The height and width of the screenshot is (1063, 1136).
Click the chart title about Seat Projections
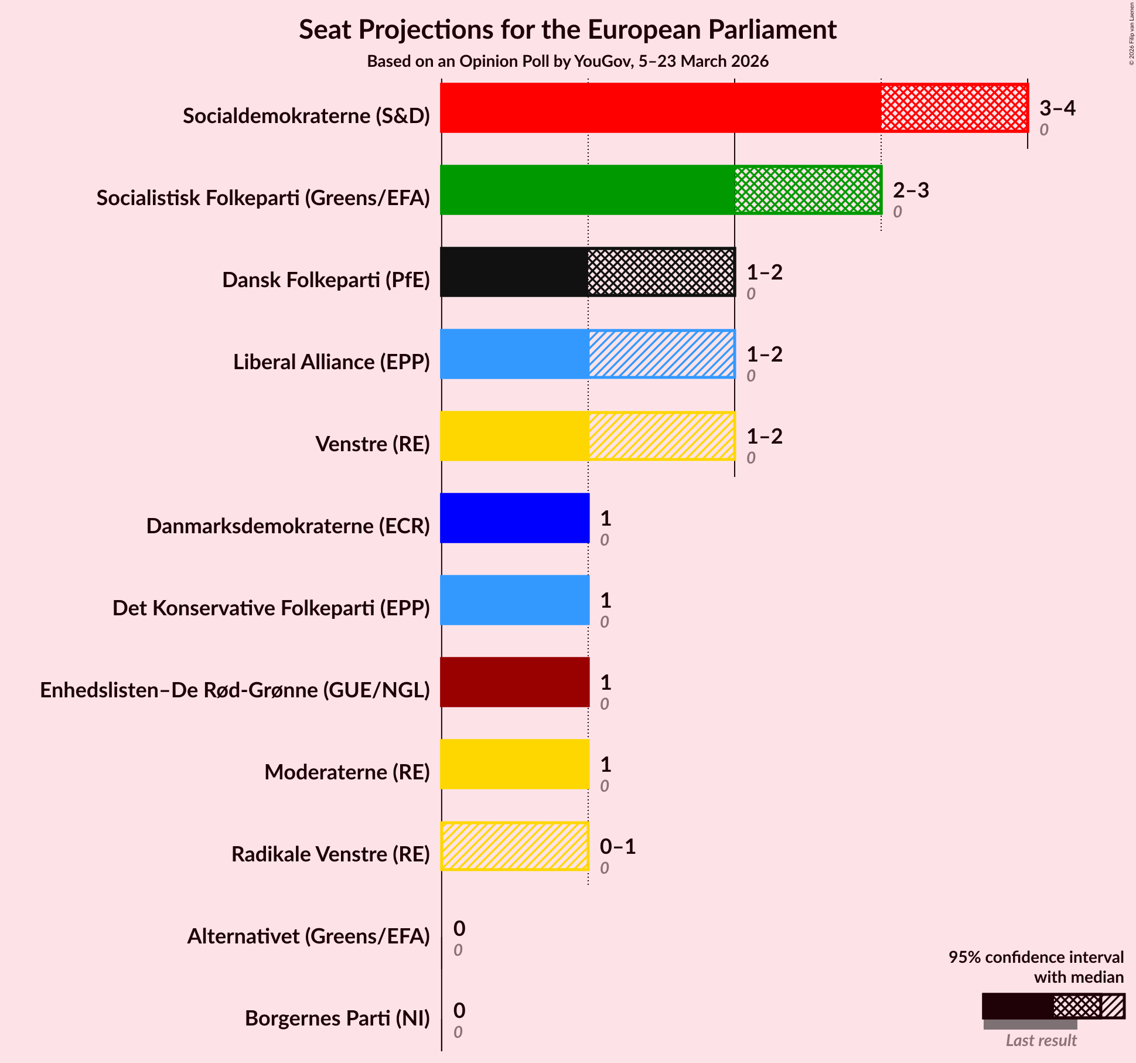click(568, 29)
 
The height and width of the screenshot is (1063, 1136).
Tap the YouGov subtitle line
click(568, 62)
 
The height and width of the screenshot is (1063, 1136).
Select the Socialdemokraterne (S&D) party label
click(306, 116)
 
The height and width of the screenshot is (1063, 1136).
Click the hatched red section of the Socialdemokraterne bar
click(954, 108)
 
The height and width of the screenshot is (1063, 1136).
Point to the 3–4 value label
click(1057, 108)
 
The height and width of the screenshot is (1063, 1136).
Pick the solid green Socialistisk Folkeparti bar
click(588, 190)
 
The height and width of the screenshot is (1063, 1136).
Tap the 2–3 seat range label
click(910, 190)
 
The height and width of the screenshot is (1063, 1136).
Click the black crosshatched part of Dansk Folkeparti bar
click(661, 272)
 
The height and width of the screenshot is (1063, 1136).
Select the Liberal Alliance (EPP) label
click(332, 362)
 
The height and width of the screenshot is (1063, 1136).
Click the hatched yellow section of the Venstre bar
click(661, 436)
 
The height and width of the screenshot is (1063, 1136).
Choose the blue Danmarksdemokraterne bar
click(515, 518)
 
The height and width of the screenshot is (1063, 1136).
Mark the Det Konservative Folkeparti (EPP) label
click(271, 608)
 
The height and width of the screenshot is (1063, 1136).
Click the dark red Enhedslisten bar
click(515, 682)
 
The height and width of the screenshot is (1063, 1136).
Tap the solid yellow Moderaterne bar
click(515, 764)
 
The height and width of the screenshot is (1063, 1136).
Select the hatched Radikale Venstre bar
click(515, 846)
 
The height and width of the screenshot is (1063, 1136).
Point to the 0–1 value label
click(618, 847)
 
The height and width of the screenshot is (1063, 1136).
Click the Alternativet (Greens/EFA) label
click(309, 936)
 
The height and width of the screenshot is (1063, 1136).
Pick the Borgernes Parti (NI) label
click(337, 1018)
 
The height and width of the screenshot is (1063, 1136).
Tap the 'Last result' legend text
click(1041, 1040)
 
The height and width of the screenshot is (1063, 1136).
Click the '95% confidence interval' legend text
click(1036, 957)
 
